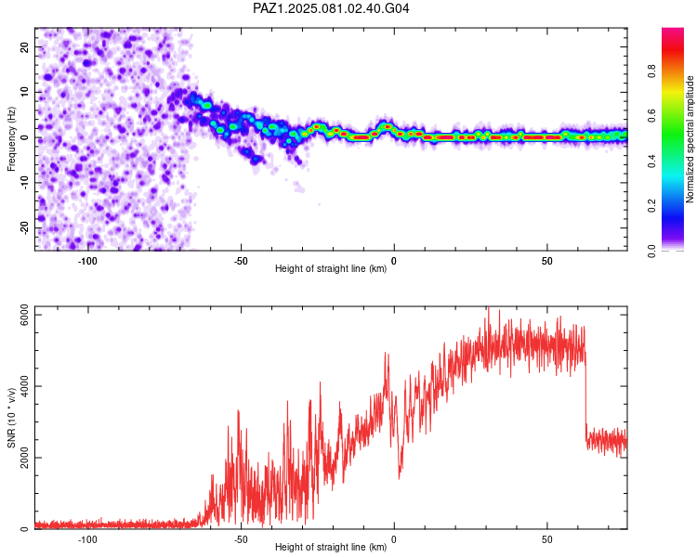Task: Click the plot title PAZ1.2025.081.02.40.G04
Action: coord(331,8)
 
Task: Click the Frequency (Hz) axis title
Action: coord(11,139)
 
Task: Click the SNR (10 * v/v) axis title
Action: coord(11,418)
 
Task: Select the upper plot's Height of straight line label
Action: coord(331,268)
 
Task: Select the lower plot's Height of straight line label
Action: coord(331,547)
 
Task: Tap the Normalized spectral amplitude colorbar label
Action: coord(690,139)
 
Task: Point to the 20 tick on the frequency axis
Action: coord(24,47)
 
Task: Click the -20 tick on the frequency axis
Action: coord(24,227)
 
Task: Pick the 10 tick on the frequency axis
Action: coord(24,92)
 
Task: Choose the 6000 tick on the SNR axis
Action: coord(24,315)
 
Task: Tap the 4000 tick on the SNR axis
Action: coord(24,386)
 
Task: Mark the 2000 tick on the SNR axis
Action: coord(24,458)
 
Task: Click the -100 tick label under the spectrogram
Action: coord(87,261)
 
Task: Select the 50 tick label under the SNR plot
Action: coord(546,539)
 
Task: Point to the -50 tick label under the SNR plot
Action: coord(241,539)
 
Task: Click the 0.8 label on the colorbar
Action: coord(651,71)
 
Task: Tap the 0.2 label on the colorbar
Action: coord(651,206)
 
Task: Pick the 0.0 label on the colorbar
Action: coord(651,251)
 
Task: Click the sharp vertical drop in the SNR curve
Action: coord(585,395)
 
